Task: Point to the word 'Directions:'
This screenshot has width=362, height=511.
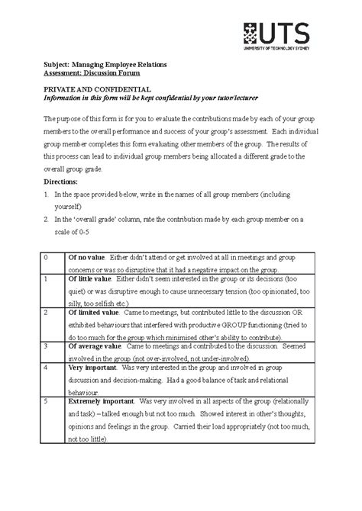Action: pos(64,183)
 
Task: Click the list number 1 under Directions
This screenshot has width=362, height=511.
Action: pos(46,196)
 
